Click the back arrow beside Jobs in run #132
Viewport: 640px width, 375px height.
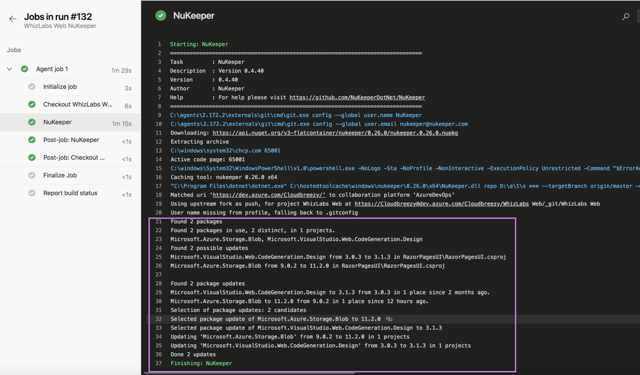(13, 19)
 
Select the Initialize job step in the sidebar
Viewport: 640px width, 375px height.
(60, 87)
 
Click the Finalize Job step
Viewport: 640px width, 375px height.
(60, 176)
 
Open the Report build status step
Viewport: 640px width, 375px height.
(70, 193)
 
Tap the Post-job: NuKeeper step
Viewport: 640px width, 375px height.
(71, 140)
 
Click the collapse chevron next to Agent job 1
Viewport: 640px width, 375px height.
(9, 69)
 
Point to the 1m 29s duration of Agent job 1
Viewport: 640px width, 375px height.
(121, 71)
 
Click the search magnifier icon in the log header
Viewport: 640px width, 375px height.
(625, 17)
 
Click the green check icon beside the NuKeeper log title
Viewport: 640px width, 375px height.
(161, 16)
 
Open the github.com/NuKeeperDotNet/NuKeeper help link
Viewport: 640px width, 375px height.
(357, 98)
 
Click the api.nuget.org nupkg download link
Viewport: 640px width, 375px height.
(335, 133)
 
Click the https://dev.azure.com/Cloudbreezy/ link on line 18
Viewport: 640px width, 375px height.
(269, 195)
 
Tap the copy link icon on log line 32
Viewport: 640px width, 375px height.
(389, 319)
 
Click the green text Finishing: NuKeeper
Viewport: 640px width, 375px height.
(201, 363)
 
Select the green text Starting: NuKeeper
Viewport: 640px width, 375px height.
(199, 45)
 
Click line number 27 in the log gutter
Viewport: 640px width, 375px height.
(159, 275)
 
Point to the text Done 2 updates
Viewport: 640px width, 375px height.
(193, 355)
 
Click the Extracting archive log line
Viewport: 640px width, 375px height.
(200, 142)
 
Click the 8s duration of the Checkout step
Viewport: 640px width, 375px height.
(128, 106)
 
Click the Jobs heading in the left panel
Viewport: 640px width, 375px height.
(14, 50)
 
